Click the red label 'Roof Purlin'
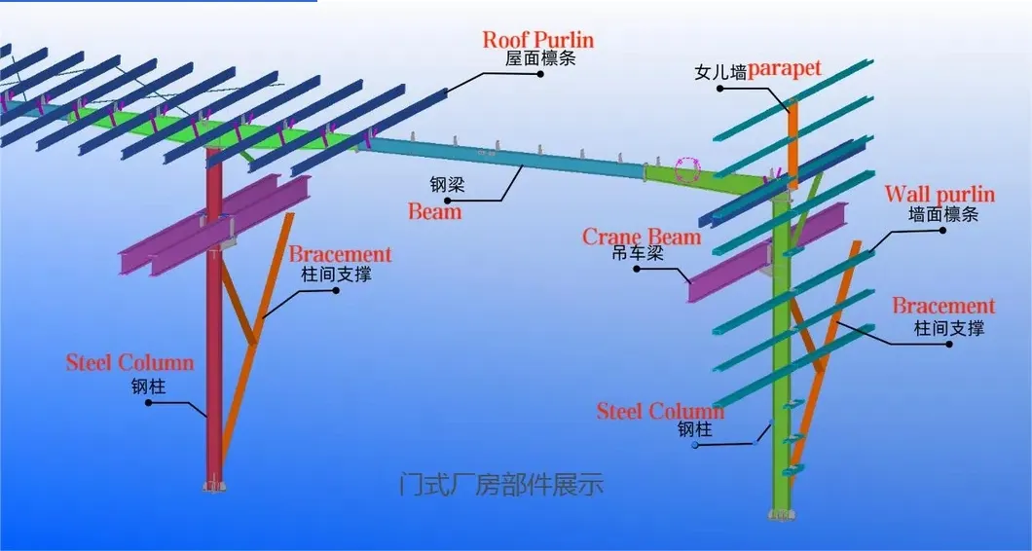(x=537, y=40)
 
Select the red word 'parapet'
(x=785, y=69)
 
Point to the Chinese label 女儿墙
(x=719, y=72)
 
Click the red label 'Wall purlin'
(x=939, y=195)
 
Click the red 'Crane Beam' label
(x=641, y=237)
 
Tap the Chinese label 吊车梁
(x=638, y=255)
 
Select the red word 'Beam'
(x=434, y=211)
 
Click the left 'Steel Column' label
(x=129, y=363)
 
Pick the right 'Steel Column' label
(x=660, y=411)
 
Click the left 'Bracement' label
(x=340, y=255)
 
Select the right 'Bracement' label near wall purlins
(x=943, y=307)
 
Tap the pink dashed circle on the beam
(x=689, y=170)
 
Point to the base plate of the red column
(x=213, y=486)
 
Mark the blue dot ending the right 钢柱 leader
(x=695, y=444)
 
